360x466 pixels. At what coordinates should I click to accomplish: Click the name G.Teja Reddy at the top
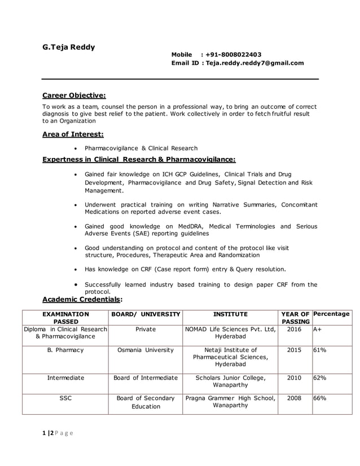coord(69,47)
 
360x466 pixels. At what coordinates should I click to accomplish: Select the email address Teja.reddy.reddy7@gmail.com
coord(254,63)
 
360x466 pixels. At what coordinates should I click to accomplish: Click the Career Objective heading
coord(74,95)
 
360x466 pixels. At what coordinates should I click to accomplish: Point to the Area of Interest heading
coord(73,134)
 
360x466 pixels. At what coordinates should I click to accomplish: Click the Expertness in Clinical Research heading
coord(139,159)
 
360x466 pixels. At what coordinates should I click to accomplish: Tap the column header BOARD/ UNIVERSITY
coord(146,314)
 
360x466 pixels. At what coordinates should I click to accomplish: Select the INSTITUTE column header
coord(230,314)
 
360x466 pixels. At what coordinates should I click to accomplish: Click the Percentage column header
coord(331,314)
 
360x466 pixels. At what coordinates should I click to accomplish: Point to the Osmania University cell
coord(146,350)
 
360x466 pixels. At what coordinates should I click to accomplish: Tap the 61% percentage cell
coord(320,350)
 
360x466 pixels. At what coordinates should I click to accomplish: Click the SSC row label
coord(65,398)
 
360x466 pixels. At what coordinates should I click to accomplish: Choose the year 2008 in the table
coord(294,398)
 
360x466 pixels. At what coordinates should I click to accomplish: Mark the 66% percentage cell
coord(320,398)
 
